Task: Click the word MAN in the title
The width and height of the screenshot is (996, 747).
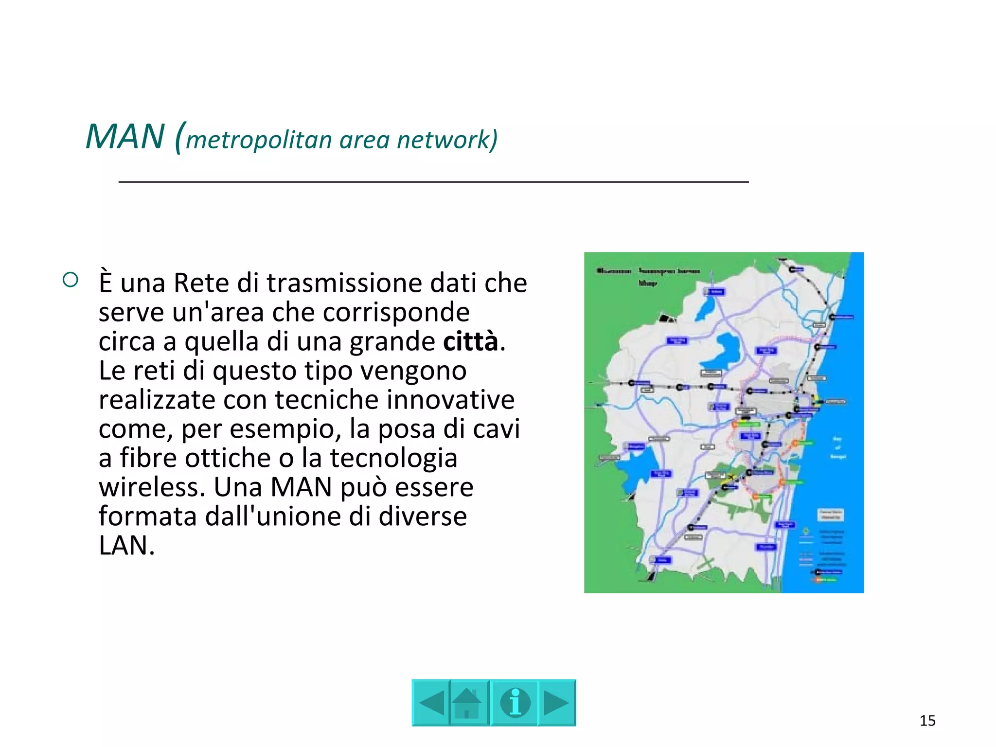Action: pyautogui.click(x=125, y=137)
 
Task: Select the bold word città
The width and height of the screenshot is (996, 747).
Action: pyautogui.click(x=470, y=341)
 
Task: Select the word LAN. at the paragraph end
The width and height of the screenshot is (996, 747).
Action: pyautogui.click(x=126, y=546)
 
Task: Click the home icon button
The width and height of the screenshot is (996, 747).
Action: pyautogui.click(x=468, y=703)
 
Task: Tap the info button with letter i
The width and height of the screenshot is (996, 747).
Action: pyautogui.click(x=514, y=703)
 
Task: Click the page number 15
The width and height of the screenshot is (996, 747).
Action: pyautogui.click(x=927, y=720)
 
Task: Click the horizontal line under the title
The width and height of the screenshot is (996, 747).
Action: pyautogui.click(x=433, y=182)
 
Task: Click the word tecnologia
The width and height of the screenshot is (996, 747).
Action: pyautogui.click(x=393, y=458)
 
